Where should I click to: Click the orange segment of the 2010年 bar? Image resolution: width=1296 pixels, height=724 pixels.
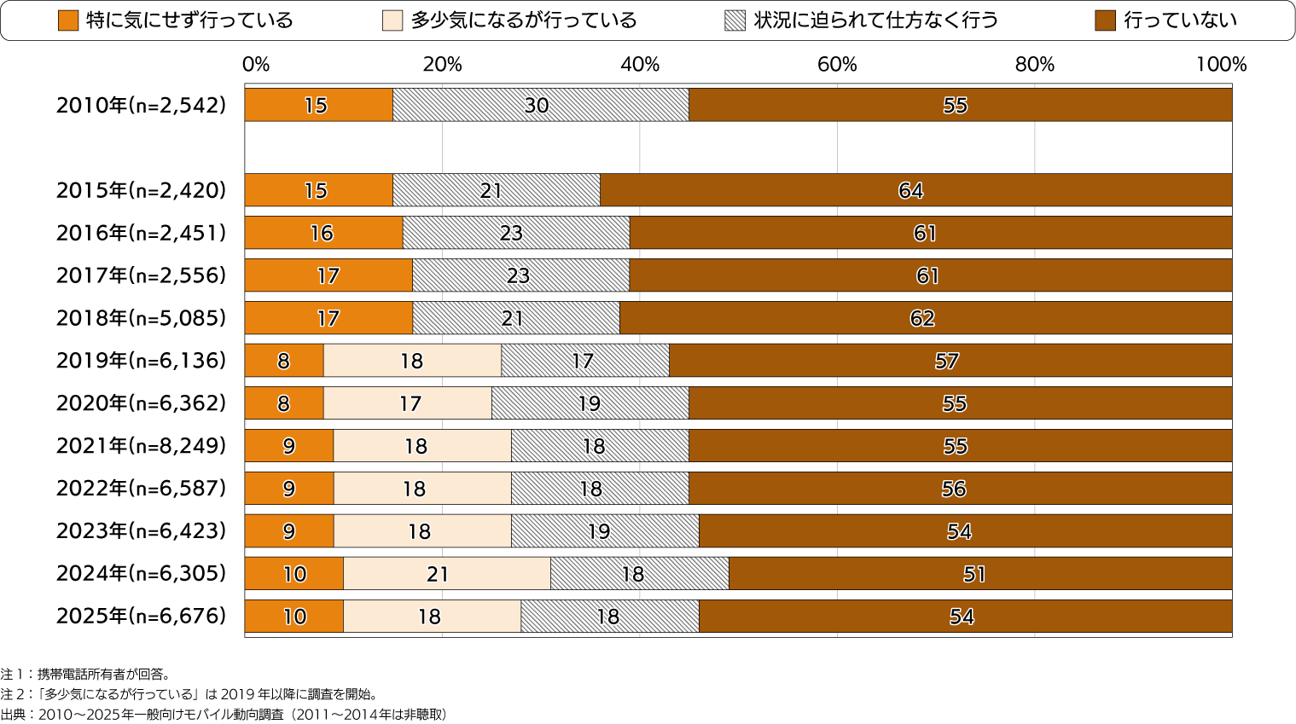point(318,105)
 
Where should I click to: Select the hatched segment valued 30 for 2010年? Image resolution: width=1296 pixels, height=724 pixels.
point(540,105)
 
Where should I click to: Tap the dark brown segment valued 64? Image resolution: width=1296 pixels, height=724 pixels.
point(915,190)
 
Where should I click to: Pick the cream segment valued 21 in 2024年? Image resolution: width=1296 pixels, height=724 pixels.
point(446,574)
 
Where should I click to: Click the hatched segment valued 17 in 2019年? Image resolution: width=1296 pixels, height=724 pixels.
point(584,361)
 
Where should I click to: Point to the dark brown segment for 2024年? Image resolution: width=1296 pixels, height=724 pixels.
point(979,574)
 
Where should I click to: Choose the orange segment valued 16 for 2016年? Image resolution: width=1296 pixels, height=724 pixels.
point(323,233)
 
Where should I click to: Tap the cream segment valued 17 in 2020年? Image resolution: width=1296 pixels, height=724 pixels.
point(407,403)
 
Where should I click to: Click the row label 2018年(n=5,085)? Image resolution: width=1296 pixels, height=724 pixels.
point(141,318)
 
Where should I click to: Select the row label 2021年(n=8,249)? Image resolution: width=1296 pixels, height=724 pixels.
point(141,446)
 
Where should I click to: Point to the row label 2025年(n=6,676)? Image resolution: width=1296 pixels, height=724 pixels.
point(141,616)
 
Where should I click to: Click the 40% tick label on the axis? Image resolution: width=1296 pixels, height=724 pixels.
point(639,65)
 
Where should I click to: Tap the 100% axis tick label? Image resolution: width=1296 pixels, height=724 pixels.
point(1221,65)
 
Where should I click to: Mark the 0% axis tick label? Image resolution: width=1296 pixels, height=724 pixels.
point(255,65)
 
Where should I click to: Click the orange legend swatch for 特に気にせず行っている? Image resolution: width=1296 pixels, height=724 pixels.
point(68,20)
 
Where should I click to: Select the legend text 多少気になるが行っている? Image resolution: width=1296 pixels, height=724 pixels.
point(523,20)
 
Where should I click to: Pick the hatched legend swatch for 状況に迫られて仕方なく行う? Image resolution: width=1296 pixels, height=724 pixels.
point(735,20)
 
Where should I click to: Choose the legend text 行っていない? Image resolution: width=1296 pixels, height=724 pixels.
point(1179,20)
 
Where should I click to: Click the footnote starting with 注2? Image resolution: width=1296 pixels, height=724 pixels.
point(189,694)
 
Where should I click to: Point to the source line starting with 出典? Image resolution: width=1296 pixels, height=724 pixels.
point(224,715)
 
